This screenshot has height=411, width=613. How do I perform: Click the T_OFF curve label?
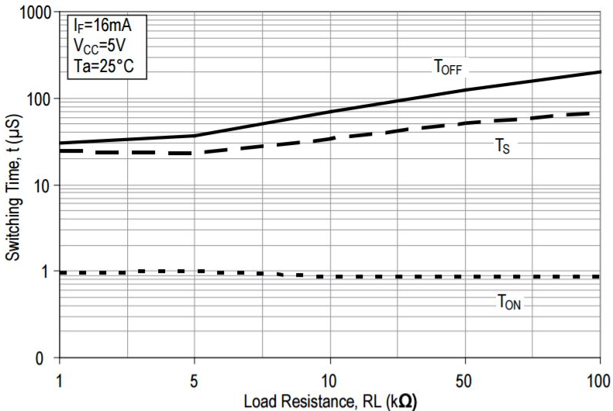[447, 67]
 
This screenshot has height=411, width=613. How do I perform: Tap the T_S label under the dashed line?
[502, 145]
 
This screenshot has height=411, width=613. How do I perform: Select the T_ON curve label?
[509, 303]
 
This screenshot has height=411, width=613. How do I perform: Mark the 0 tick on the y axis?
[47, 358]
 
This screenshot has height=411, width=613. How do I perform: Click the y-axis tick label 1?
[47, 272]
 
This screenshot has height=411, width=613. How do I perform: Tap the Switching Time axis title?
[14, 186]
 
